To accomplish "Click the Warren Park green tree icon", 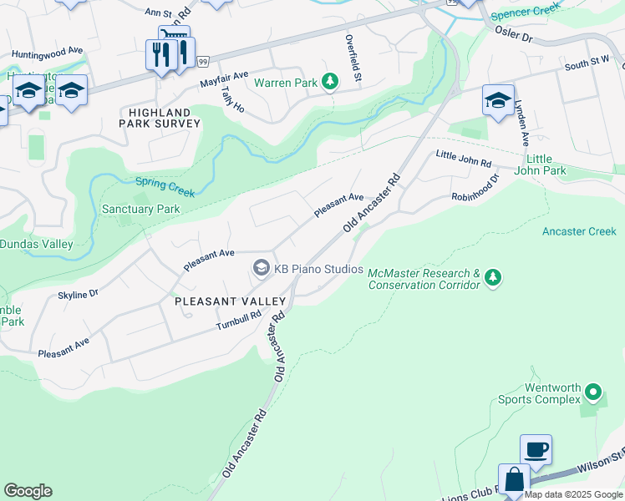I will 332,81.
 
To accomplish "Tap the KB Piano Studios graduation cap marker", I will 262,268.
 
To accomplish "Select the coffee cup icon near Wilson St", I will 536,449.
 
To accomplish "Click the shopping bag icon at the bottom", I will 515,480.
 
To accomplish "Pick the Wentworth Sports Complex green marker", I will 593,391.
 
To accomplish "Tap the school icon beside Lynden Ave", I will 498,101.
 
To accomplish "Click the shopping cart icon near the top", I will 174,38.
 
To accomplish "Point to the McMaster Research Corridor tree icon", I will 493,276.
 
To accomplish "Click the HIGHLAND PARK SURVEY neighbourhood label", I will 165,117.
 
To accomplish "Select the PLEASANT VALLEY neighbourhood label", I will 230,301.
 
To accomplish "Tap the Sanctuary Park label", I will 140,209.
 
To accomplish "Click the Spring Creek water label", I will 165,187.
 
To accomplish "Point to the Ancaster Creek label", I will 579,231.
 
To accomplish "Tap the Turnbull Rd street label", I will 238,319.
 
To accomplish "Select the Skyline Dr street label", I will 78,293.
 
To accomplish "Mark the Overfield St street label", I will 354,58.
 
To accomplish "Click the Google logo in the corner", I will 28,491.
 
